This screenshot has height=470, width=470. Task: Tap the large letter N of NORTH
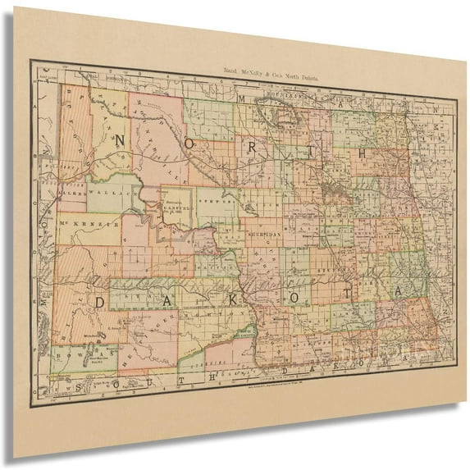(121, 141)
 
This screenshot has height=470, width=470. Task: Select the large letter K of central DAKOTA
(230, 299)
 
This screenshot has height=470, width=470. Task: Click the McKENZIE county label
(90, 223)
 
